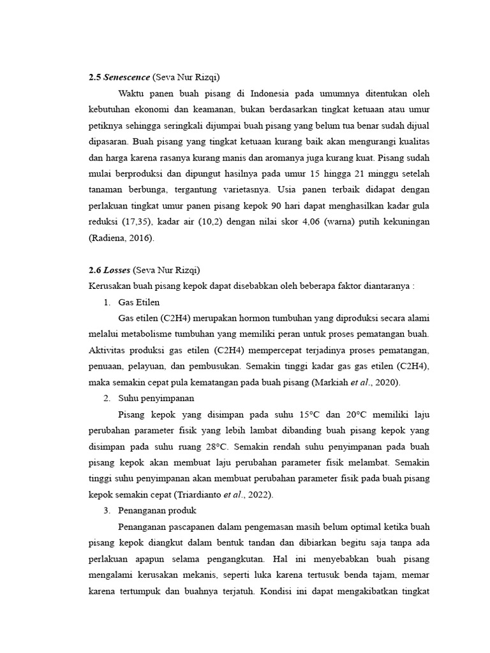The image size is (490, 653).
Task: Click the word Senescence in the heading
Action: tap(126, 77)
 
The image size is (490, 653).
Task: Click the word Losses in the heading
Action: tap(117, 270)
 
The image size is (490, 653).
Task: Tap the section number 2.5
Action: tap(94, 77)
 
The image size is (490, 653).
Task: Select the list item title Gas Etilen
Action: tap(139, 302)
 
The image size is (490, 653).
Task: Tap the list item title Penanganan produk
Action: tap(157, 510)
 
